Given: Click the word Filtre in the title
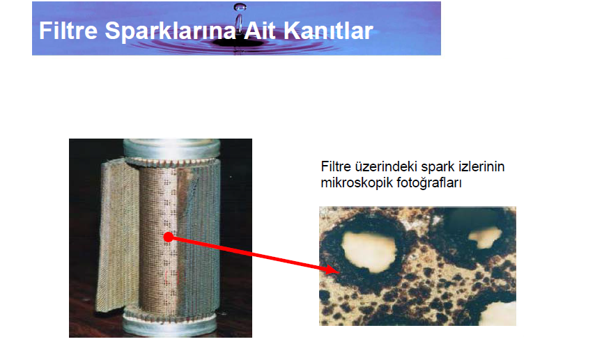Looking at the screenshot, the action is click(x=68, y=31).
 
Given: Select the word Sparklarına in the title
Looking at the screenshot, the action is click(x=171, y=31).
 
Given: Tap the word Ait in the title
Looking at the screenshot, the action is click(x=260, y=31).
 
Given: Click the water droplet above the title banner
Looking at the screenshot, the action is click(x=240, y=6).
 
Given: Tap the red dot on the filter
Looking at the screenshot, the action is click(x=169, y=237).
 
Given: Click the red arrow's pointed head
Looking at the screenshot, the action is click(x=333, y=269).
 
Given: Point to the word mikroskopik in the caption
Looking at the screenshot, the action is click(x=357, y=183).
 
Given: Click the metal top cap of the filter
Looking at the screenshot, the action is click(x=171, y=149).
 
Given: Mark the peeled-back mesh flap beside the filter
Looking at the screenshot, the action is click(x=118, y=235).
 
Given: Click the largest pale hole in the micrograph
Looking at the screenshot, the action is click(x=369, y=252).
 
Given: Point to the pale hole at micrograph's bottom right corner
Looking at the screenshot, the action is click(x=498, y=314).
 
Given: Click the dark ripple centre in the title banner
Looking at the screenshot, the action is click(x=238, y=42).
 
